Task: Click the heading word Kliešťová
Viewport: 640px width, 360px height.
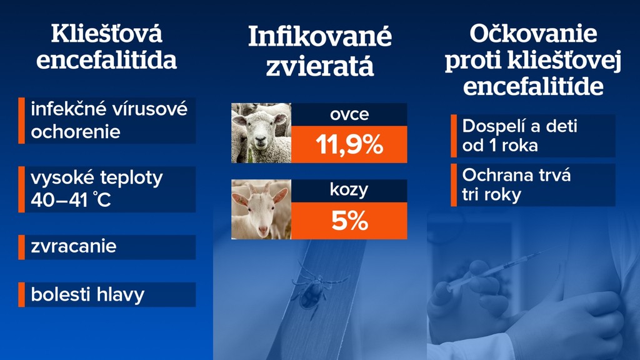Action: (106, 34)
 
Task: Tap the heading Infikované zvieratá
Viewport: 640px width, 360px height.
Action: (320, 51)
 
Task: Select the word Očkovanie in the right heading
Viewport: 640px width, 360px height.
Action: (533, 34)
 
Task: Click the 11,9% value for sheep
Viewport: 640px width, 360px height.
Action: (349, 144)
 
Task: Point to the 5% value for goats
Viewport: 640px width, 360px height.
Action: (349, 221)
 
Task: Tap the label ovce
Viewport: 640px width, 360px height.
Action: (349, 114)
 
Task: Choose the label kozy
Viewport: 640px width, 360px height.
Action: (349, 190)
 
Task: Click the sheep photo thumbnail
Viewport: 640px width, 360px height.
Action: (261, 133)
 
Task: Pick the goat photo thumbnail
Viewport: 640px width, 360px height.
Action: (261, 209)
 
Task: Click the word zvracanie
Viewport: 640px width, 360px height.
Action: (74, 246)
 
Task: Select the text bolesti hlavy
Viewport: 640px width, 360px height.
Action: (87, 295)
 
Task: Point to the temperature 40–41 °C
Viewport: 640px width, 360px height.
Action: (71, 200)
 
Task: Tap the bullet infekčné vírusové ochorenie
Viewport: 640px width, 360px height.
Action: (109, 121)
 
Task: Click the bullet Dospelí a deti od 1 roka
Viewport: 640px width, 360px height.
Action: (519, 136)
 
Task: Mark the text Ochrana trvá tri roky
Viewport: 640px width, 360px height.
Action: (516, 185)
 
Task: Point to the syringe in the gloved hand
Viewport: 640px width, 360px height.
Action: (496, 271)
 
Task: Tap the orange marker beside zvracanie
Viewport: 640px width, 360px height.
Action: (21, 247)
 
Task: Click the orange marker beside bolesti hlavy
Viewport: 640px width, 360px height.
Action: (21, 294)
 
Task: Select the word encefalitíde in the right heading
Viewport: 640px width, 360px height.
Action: (533, 86)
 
